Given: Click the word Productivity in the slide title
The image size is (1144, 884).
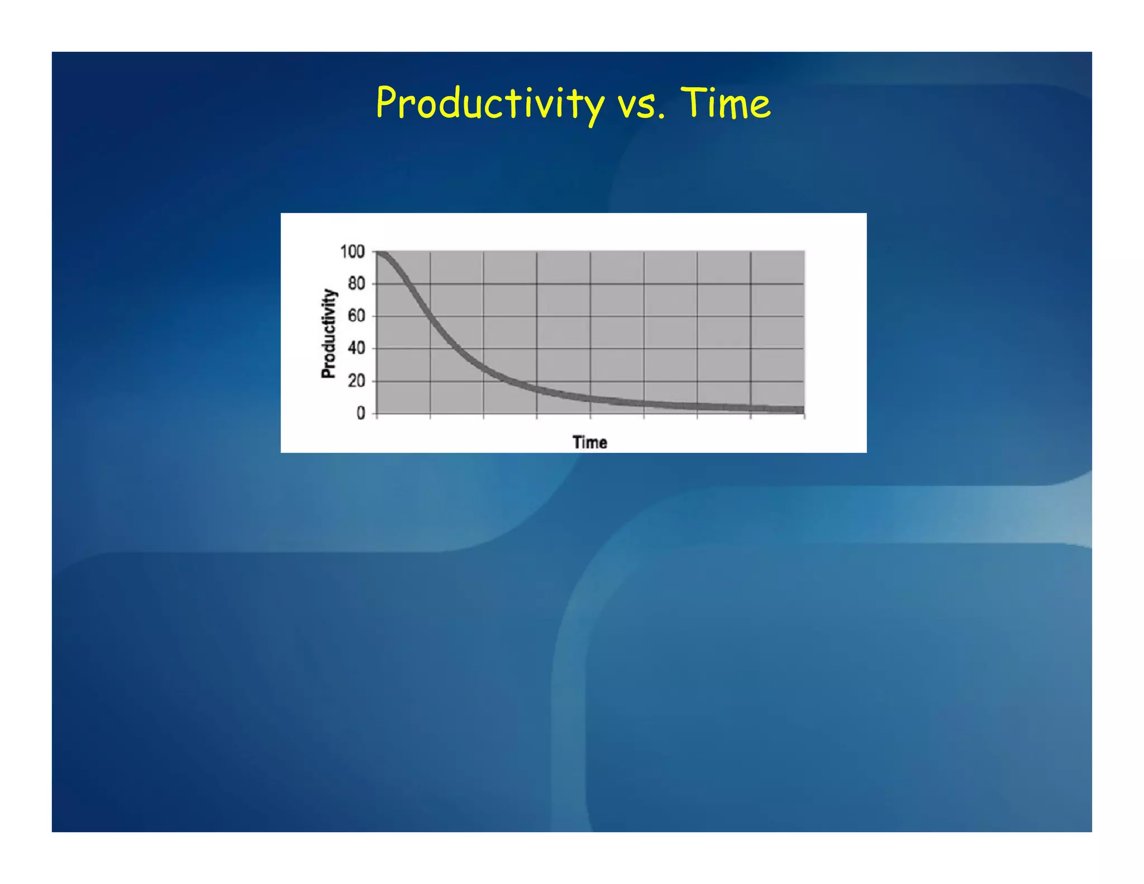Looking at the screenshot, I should [490, 104].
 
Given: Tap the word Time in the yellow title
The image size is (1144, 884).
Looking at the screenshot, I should [726, 104].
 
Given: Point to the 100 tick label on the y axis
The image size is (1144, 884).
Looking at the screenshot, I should [352, 252].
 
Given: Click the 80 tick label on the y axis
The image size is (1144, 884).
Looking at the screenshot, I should [356, 284].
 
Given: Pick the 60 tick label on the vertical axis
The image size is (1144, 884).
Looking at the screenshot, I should [356, 316].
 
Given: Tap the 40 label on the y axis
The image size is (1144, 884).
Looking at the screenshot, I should [356, 349].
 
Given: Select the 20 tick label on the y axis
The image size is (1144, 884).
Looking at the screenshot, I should [356, 381].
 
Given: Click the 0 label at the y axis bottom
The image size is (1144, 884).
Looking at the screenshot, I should [361, 414].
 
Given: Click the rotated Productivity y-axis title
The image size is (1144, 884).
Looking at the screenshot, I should [329, 334].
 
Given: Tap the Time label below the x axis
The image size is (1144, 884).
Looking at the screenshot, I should [589, 443].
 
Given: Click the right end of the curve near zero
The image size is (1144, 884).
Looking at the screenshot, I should [802, 410].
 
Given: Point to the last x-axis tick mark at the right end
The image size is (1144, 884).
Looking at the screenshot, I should [804, 416].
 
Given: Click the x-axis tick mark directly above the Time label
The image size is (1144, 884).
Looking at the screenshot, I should [590, 416].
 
